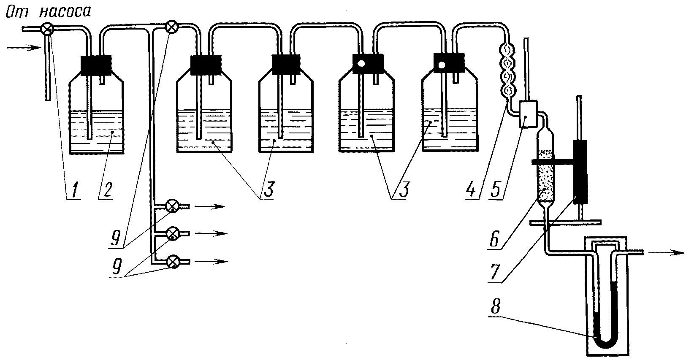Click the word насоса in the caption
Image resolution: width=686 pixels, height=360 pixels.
click(x=65, y=11)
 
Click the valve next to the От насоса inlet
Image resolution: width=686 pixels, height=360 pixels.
click(x=47, y=29)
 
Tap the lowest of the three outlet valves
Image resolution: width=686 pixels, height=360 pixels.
click(x=173, y=262)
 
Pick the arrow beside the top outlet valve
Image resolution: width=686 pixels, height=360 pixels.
click(x=211, y=207)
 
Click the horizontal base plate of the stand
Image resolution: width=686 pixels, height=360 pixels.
click(x=566, y=222)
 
